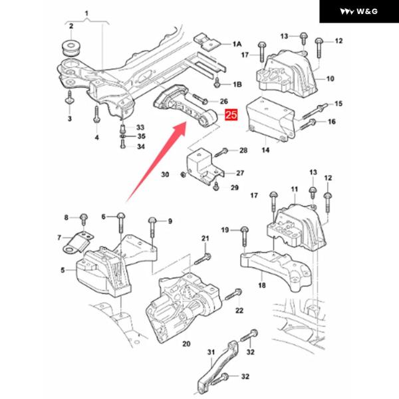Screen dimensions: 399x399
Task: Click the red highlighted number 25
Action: (231, 116)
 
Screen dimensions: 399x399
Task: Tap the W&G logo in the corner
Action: (360, 12)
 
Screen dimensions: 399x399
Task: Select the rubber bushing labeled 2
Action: (70, 49)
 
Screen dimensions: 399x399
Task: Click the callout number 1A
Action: (237, 44)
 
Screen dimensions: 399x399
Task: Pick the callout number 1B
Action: (237, 85)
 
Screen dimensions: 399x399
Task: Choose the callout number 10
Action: (330, 79)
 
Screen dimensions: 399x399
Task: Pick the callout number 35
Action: (140, 136)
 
